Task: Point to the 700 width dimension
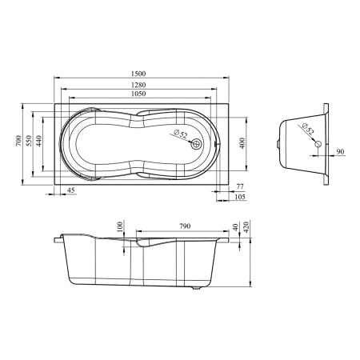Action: point(17,142)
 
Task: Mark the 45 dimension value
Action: point(71,190)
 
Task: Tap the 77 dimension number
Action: point(240,186)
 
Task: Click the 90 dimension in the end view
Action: point(340,151)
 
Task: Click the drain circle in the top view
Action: point(197,144)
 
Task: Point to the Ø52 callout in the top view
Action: point(180,134)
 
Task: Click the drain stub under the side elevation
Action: point(197,288)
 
